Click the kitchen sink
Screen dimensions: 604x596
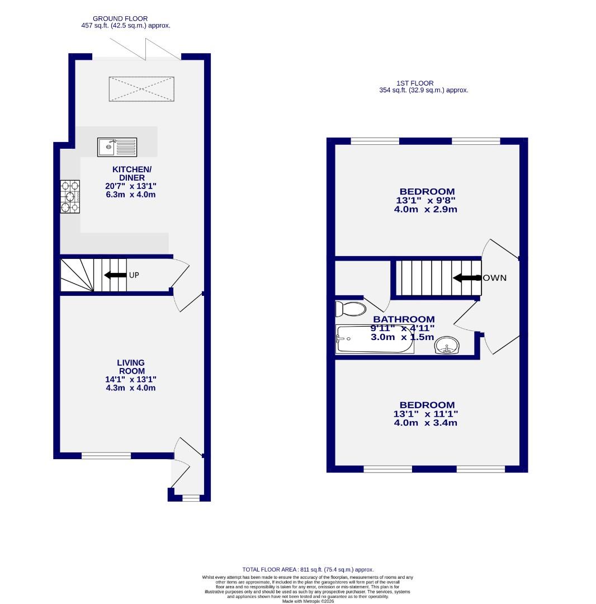[117, 147]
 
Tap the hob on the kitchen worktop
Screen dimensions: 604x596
[70, 196]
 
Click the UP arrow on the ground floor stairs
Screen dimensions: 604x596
[115, 275]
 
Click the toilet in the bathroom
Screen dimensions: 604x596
[350, 309]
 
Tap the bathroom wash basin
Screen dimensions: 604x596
[446, 345]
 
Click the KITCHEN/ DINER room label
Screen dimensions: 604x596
[132, 173]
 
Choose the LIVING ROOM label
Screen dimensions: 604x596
[131, 367]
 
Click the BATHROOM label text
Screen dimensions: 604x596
[404, 319]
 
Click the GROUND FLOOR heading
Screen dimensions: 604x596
[120, 18]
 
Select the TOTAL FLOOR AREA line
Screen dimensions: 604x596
[308, 569]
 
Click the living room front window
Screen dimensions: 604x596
[106, 456]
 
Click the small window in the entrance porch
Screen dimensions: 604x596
[191, 497]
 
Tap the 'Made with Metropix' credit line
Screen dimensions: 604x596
[308, 601]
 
